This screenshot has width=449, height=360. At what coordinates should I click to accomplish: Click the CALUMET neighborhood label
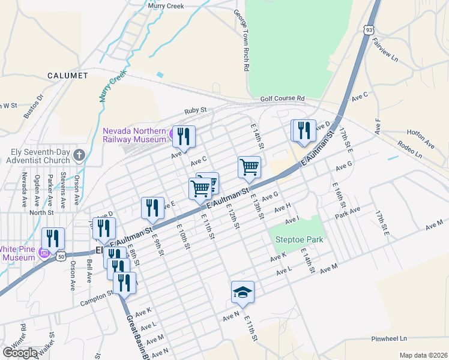[x=68, y=76]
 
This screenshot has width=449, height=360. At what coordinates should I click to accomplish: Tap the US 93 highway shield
[x=366, y=29]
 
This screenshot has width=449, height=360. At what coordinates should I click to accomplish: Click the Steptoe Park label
[x=299, y=240]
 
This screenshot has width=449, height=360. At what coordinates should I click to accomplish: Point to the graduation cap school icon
[x=243, y=292]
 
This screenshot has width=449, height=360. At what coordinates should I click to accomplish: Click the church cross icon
[x=78, y=155]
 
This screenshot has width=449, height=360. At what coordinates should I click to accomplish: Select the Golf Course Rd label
[x=282, y=98]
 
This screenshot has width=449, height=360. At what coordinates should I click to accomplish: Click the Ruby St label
[x=195, y=110]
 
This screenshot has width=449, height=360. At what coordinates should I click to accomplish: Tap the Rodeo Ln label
[x=410, y=150]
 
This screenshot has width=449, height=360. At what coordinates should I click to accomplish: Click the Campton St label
[x=101, y=295]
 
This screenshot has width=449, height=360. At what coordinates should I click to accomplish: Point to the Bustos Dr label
[x=34, y=106]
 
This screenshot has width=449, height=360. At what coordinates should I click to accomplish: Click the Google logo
[x=20, y=352]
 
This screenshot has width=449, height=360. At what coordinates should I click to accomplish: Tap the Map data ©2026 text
[x=423, y=355]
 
